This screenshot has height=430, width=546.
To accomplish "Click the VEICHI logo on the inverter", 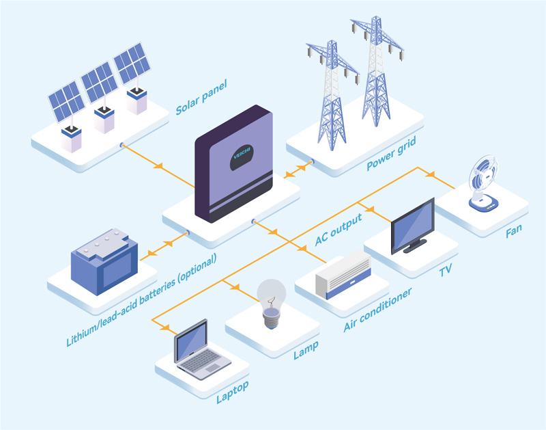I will click(x=242, y=154).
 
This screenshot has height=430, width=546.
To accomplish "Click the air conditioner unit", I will click(x=342, y=274).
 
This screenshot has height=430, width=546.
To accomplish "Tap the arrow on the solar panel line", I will click(x=159, y=165).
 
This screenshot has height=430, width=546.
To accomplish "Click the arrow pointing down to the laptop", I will click(x=164, y=327).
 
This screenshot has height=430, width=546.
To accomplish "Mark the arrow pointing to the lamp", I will click(x=235, y=288).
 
